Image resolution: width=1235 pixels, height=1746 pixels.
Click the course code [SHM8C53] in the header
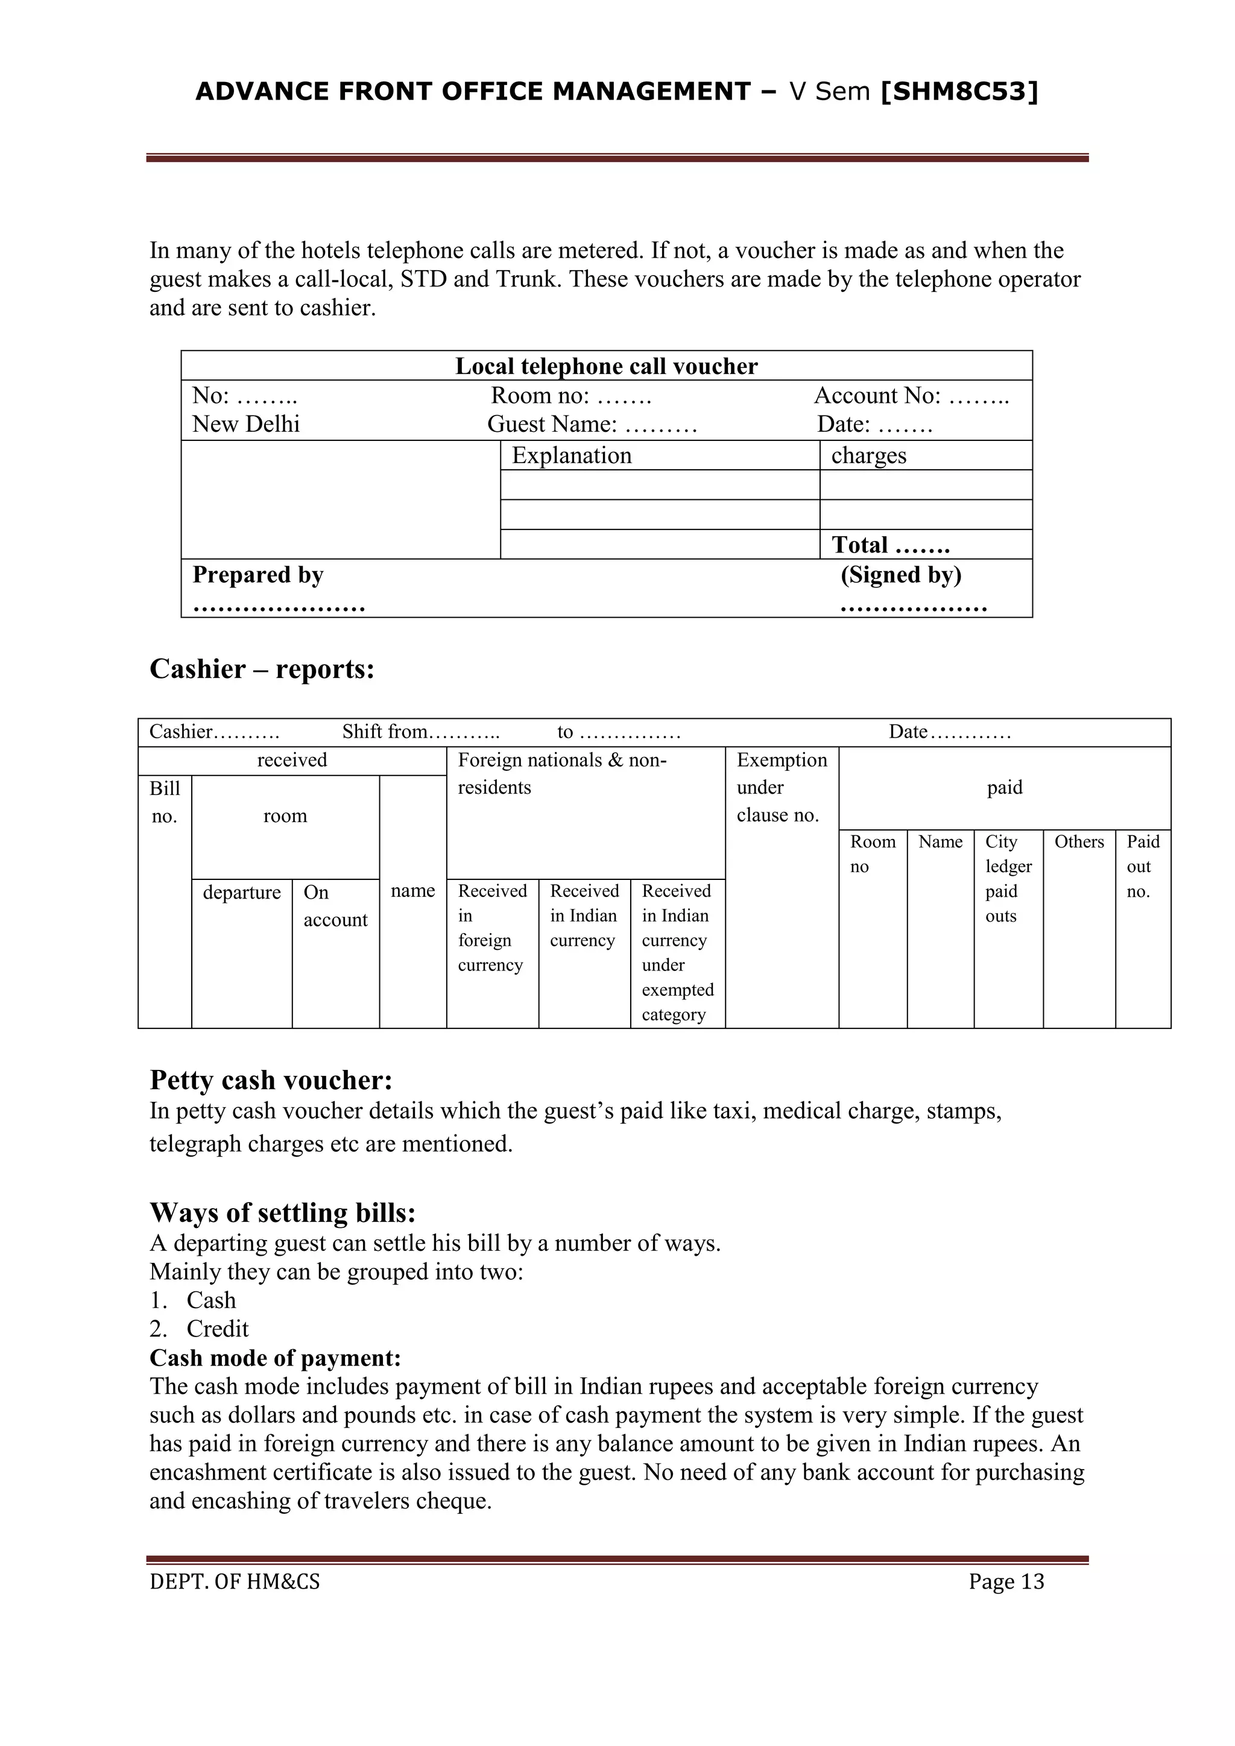coord(959,92)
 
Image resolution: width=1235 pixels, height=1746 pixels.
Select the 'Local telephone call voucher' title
coord(606,367)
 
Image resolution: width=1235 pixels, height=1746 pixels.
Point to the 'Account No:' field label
coord(877,396)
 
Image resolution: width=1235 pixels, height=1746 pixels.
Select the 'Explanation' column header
coord(571,455)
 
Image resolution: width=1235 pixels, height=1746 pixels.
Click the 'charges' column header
coord(868,455)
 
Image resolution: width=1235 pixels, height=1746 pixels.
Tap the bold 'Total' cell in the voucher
coord(889,545)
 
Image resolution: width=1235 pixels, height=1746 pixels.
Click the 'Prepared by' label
coord(258,575)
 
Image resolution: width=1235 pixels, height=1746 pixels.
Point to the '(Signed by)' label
coord(900,575)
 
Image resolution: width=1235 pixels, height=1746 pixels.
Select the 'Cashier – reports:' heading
coord(262,669)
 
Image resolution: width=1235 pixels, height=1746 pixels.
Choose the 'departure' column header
coord(242,892)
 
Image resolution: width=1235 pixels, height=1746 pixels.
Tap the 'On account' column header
coord(335,906)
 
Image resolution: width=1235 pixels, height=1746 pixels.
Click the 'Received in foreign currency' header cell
coord(491,928)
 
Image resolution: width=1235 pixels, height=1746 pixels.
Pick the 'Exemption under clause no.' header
coord(781,788)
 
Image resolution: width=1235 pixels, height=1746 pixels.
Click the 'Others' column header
coord(1078,842)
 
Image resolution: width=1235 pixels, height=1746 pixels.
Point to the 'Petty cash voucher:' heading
coord(271,1080)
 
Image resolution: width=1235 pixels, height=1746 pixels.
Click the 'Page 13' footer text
coord(1005,1582)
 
